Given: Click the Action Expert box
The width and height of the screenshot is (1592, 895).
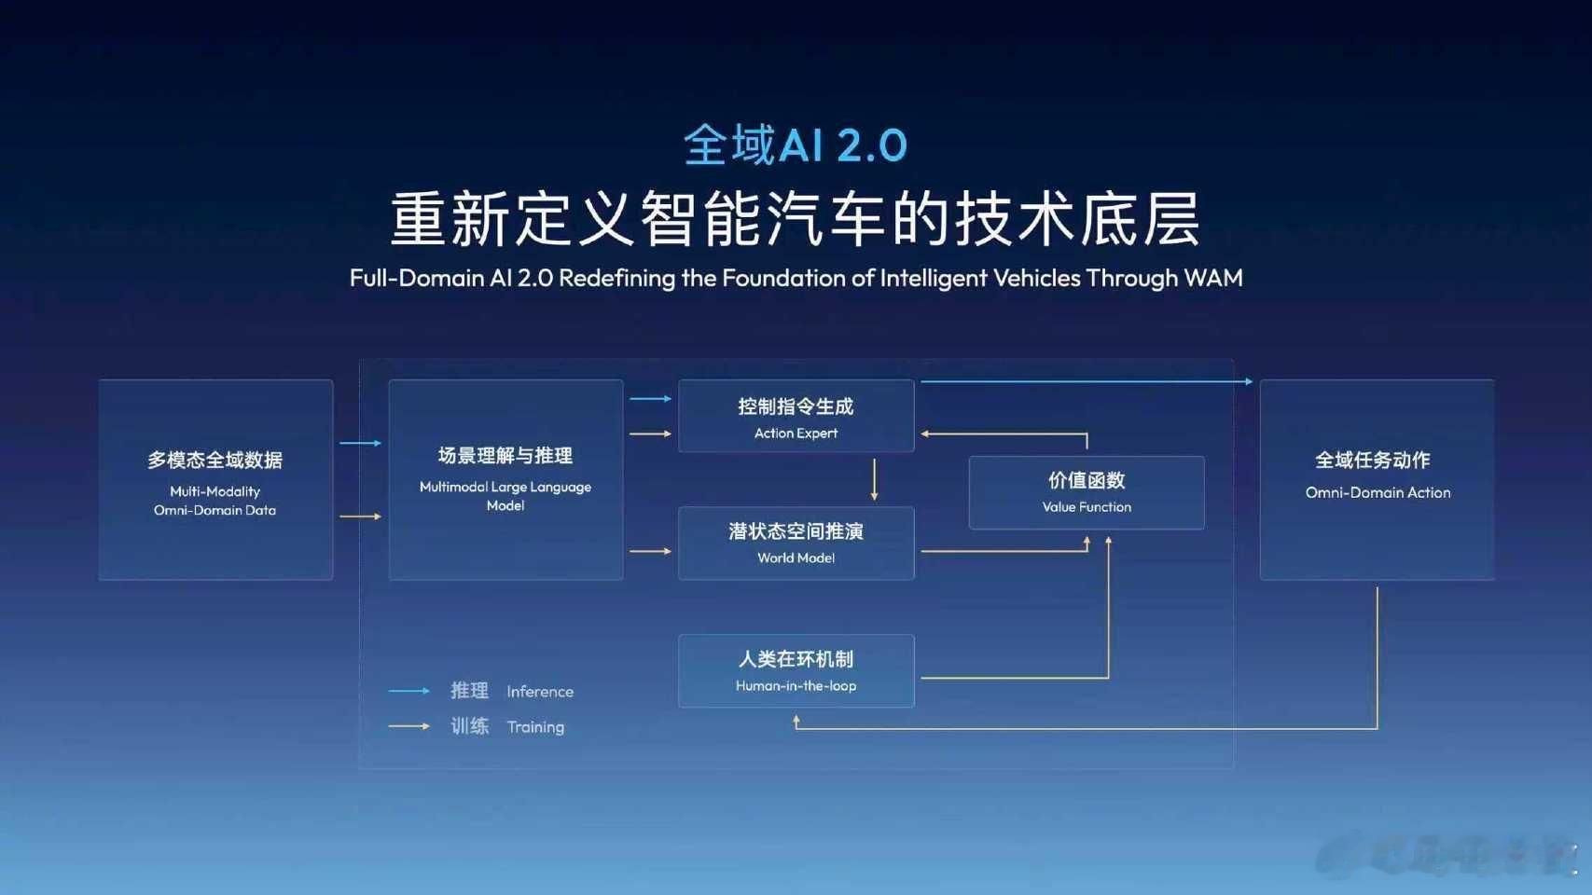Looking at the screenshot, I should (x=796, y=416).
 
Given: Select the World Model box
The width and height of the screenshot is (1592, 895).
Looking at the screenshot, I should (x=796, y=544).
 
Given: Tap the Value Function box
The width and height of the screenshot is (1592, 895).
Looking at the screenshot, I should (x=1087, y=492).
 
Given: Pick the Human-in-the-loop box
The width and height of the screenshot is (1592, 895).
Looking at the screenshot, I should (x=796, y=671).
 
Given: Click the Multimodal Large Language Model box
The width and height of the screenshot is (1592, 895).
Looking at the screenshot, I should (x=505, y=479).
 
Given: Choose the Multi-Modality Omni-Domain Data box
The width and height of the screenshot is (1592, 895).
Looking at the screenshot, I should (x=215, y=479).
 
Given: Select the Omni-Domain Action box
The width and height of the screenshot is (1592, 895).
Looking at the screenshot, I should (x=1377, y=479).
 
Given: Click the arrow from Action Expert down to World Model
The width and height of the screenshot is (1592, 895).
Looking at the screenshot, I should (x=874, y=479).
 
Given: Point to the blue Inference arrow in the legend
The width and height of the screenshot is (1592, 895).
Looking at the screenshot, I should (x=408, y=691).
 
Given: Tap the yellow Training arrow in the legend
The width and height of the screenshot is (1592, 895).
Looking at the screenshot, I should (x=408, y=726).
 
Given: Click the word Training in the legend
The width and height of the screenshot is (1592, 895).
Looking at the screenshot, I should (x=535, y=727).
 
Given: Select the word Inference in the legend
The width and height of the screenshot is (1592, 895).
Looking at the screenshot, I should (x=540, y=692).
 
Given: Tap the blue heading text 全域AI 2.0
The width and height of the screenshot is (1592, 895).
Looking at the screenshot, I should (x=796, y=145).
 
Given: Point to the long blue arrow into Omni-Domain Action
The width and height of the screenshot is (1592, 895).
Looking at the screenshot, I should (x=1087, y=381).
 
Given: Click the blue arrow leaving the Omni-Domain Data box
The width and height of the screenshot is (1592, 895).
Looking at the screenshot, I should (x=360, y=443).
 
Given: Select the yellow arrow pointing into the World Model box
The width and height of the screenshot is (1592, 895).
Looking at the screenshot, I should (x=651, y=551).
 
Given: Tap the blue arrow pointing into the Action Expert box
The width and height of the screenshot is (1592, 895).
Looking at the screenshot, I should (x=651, y=399).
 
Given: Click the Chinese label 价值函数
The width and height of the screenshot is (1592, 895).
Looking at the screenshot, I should (x=1087, y=480).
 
